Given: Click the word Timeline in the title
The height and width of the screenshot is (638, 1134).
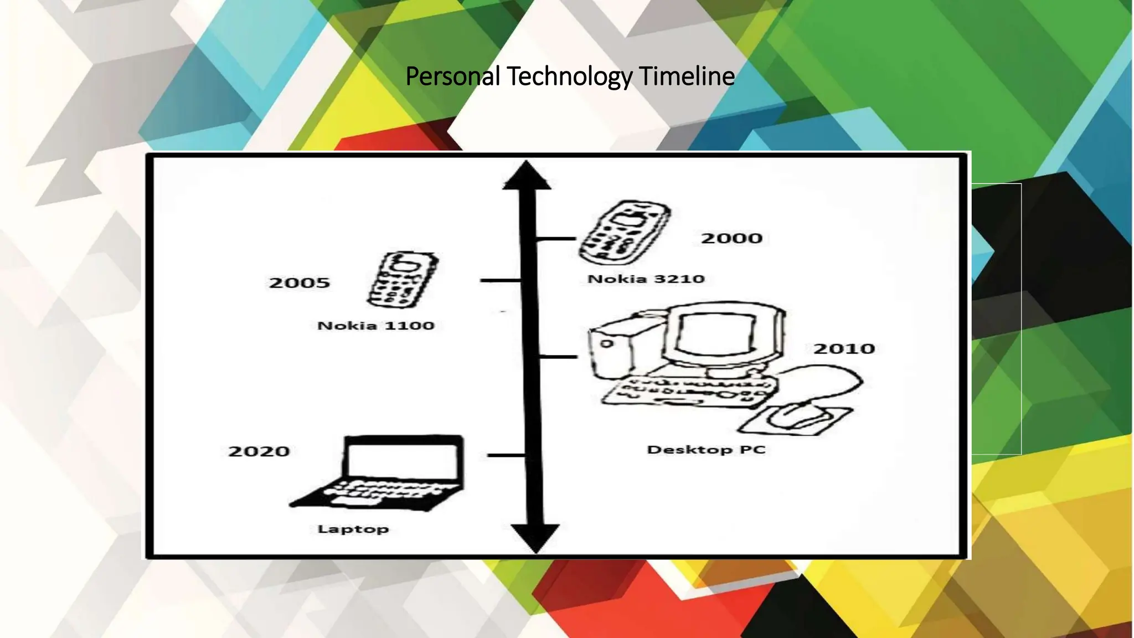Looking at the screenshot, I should (687, 76).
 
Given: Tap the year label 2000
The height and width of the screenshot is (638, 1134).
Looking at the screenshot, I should (731, 239).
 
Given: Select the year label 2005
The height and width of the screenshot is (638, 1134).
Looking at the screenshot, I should (299, 283).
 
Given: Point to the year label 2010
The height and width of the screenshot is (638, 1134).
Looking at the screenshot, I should (844, 349).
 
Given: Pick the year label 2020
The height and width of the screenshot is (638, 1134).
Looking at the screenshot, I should (259, 451).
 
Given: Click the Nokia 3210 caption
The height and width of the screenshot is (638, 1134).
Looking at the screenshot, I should (646, 279).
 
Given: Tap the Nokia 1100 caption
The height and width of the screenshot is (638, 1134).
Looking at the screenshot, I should (375, 326).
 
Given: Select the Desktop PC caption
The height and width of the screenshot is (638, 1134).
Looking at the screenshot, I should (706, 450).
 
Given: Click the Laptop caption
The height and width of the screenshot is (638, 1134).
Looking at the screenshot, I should (353, 529).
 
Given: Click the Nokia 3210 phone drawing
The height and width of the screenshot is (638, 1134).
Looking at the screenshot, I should (624, 233).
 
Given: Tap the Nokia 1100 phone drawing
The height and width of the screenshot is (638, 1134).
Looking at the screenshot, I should (403, 280).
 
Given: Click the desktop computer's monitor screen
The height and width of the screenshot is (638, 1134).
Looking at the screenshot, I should (716, 336).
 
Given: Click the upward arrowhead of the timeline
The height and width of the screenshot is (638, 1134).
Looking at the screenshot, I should (527, 176).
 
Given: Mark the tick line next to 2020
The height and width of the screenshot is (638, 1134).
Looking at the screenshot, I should (505, 455).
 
